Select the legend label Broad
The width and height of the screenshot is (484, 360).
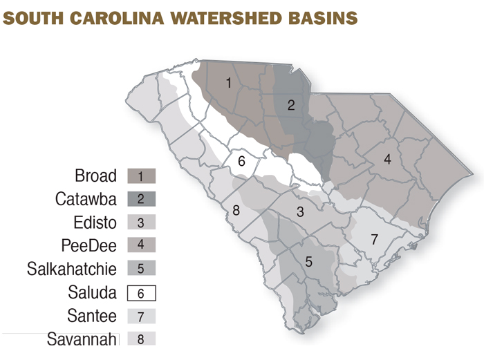(x=96, y=176)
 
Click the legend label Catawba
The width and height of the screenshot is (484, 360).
(x=86, y=199)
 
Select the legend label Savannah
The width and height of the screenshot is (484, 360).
(x=82, y=339)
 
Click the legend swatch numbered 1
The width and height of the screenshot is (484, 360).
(x=142, y=176)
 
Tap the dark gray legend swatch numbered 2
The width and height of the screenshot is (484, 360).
(x=142, y=199)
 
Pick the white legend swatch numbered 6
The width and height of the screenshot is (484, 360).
(x=142, y=293)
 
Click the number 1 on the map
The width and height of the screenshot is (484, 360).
(x=229, y=83)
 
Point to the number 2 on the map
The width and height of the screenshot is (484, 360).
(x=291, y=105)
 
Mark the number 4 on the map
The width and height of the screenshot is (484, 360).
(x=387, y=160)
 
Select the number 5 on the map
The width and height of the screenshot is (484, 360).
(x=308, y=262)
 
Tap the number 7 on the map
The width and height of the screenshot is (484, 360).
(x=374, y=240)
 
